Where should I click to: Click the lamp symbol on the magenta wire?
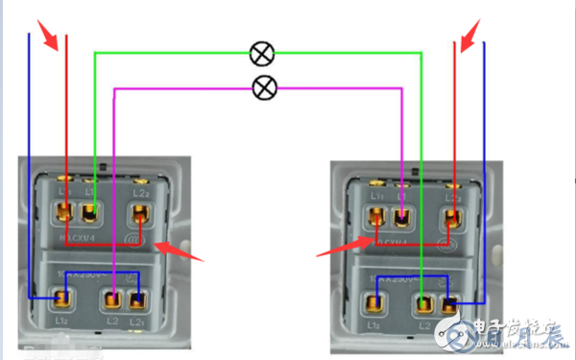(264, 88)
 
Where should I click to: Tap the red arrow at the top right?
(468, 37)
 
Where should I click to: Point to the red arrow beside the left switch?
(180, 252)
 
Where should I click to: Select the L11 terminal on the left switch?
(65, 210)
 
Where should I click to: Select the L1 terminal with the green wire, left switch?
(92, 210)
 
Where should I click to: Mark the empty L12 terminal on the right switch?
(374, 305)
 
